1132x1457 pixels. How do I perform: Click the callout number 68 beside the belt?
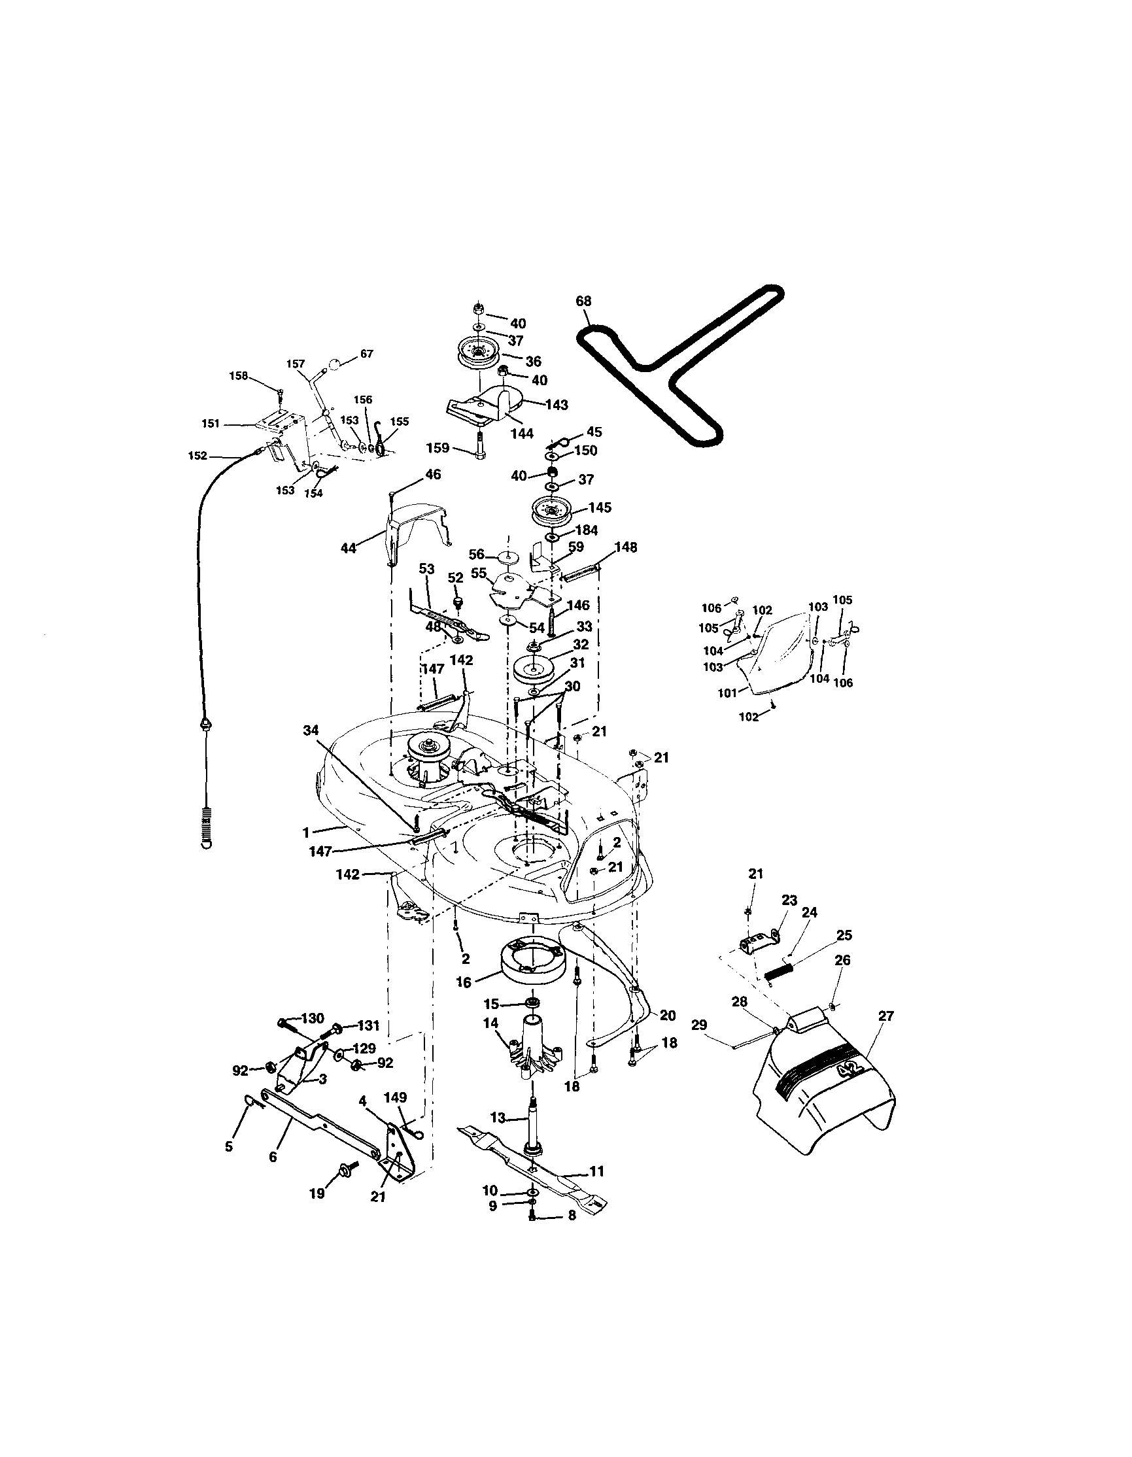[583, 301]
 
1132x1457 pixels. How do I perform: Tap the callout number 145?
[600, 507]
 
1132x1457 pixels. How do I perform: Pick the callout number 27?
[886, 1016]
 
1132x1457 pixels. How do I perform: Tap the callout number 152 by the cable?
[198, 456]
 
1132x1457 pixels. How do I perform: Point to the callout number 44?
[349, 548]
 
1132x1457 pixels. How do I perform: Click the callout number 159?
[438, 449]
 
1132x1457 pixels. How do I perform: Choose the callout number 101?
[727, 693]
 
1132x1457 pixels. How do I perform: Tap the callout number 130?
[312, 1019]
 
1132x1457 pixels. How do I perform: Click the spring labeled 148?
[581, 573]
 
